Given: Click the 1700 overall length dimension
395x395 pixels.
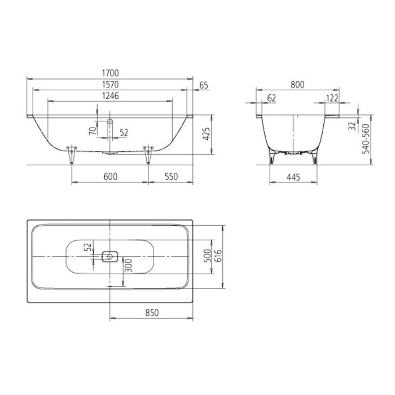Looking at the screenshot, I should pyautogui.click(x=111, y=73).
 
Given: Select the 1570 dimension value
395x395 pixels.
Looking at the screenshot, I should pyautogui.click(x=111, y=84).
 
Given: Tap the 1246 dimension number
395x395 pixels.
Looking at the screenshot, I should pyautogui.click(x=111, y=96).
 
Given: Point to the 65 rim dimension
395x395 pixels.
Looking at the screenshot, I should pyautogui.click(x=204, y=85).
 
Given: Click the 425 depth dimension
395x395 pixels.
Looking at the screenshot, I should pyautogui.click(x=207, y=134).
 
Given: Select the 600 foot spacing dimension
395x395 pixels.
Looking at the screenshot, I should pyautogui.click(x=111, y=177).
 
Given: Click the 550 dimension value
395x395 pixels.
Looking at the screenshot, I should pyautogui.click(x=170, y=177).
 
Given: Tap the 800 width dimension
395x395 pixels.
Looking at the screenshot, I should pyautogui.click(x=297, y=85).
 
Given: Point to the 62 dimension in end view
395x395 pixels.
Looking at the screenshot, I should pyautogui.click(x=271, y=98).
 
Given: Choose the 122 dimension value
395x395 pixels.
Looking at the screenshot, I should pyautogui.click(x=332, y=98).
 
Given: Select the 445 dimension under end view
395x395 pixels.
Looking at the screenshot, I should pyautogui.click(x=292, y=177).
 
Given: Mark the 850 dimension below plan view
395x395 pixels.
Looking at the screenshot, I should pyautogui.click(x=151, y=312).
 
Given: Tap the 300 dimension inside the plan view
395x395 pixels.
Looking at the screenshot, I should pyautogui.click(x=129, y=265).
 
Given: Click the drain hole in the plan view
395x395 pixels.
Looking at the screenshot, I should pyautogui.click(x=109, y=257).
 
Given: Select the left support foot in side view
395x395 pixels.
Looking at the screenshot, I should pyautogui.click(x=71, y=153).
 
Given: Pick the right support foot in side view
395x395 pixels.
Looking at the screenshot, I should pyautogui.click(x=148, y=153).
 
